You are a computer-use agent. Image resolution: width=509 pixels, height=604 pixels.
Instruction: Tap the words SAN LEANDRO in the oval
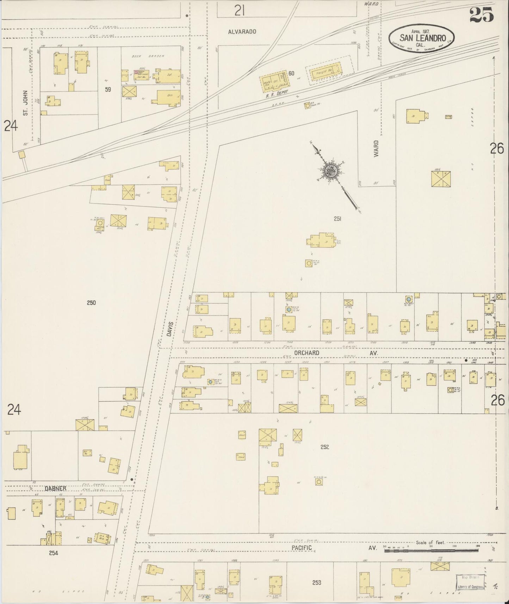(423, 37)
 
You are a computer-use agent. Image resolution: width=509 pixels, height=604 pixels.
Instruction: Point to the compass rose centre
(331, 171)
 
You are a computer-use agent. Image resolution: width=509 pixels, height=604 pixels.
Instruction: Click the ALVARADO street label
(242, 31)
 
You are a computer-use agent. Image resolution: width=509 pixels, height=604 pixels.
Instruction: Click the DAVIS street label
(170, 328)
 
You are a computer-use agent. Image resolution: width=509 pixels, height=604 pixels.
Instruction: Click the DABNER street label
(55, 489)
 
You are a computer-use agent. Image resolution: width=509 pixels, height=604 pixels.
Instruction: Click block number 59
(108, 90)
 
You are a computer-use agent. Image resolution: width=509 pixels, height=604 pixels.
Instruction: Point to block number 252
(324, 447)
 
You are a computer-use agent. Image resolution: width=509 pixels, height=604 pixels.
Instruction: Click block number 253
(316, 583)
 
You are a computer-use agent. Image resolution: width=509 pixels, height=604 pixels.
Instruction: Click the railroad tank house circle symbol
(308, 105)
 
